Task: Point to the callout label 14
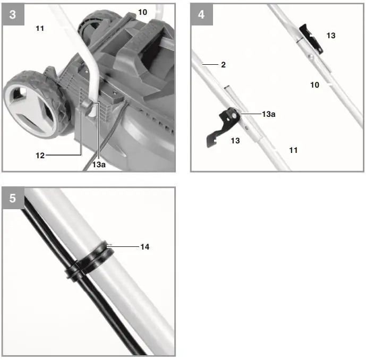tap(144, 247)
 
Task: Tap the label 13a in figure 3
tap(99, 165)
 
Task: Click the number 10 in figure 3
tap(142, 12)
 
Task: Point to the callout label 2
tap(224, 65)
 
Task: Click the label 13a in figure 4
tap(268, 114)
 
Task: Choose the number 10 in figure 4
tap(315, 84)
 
